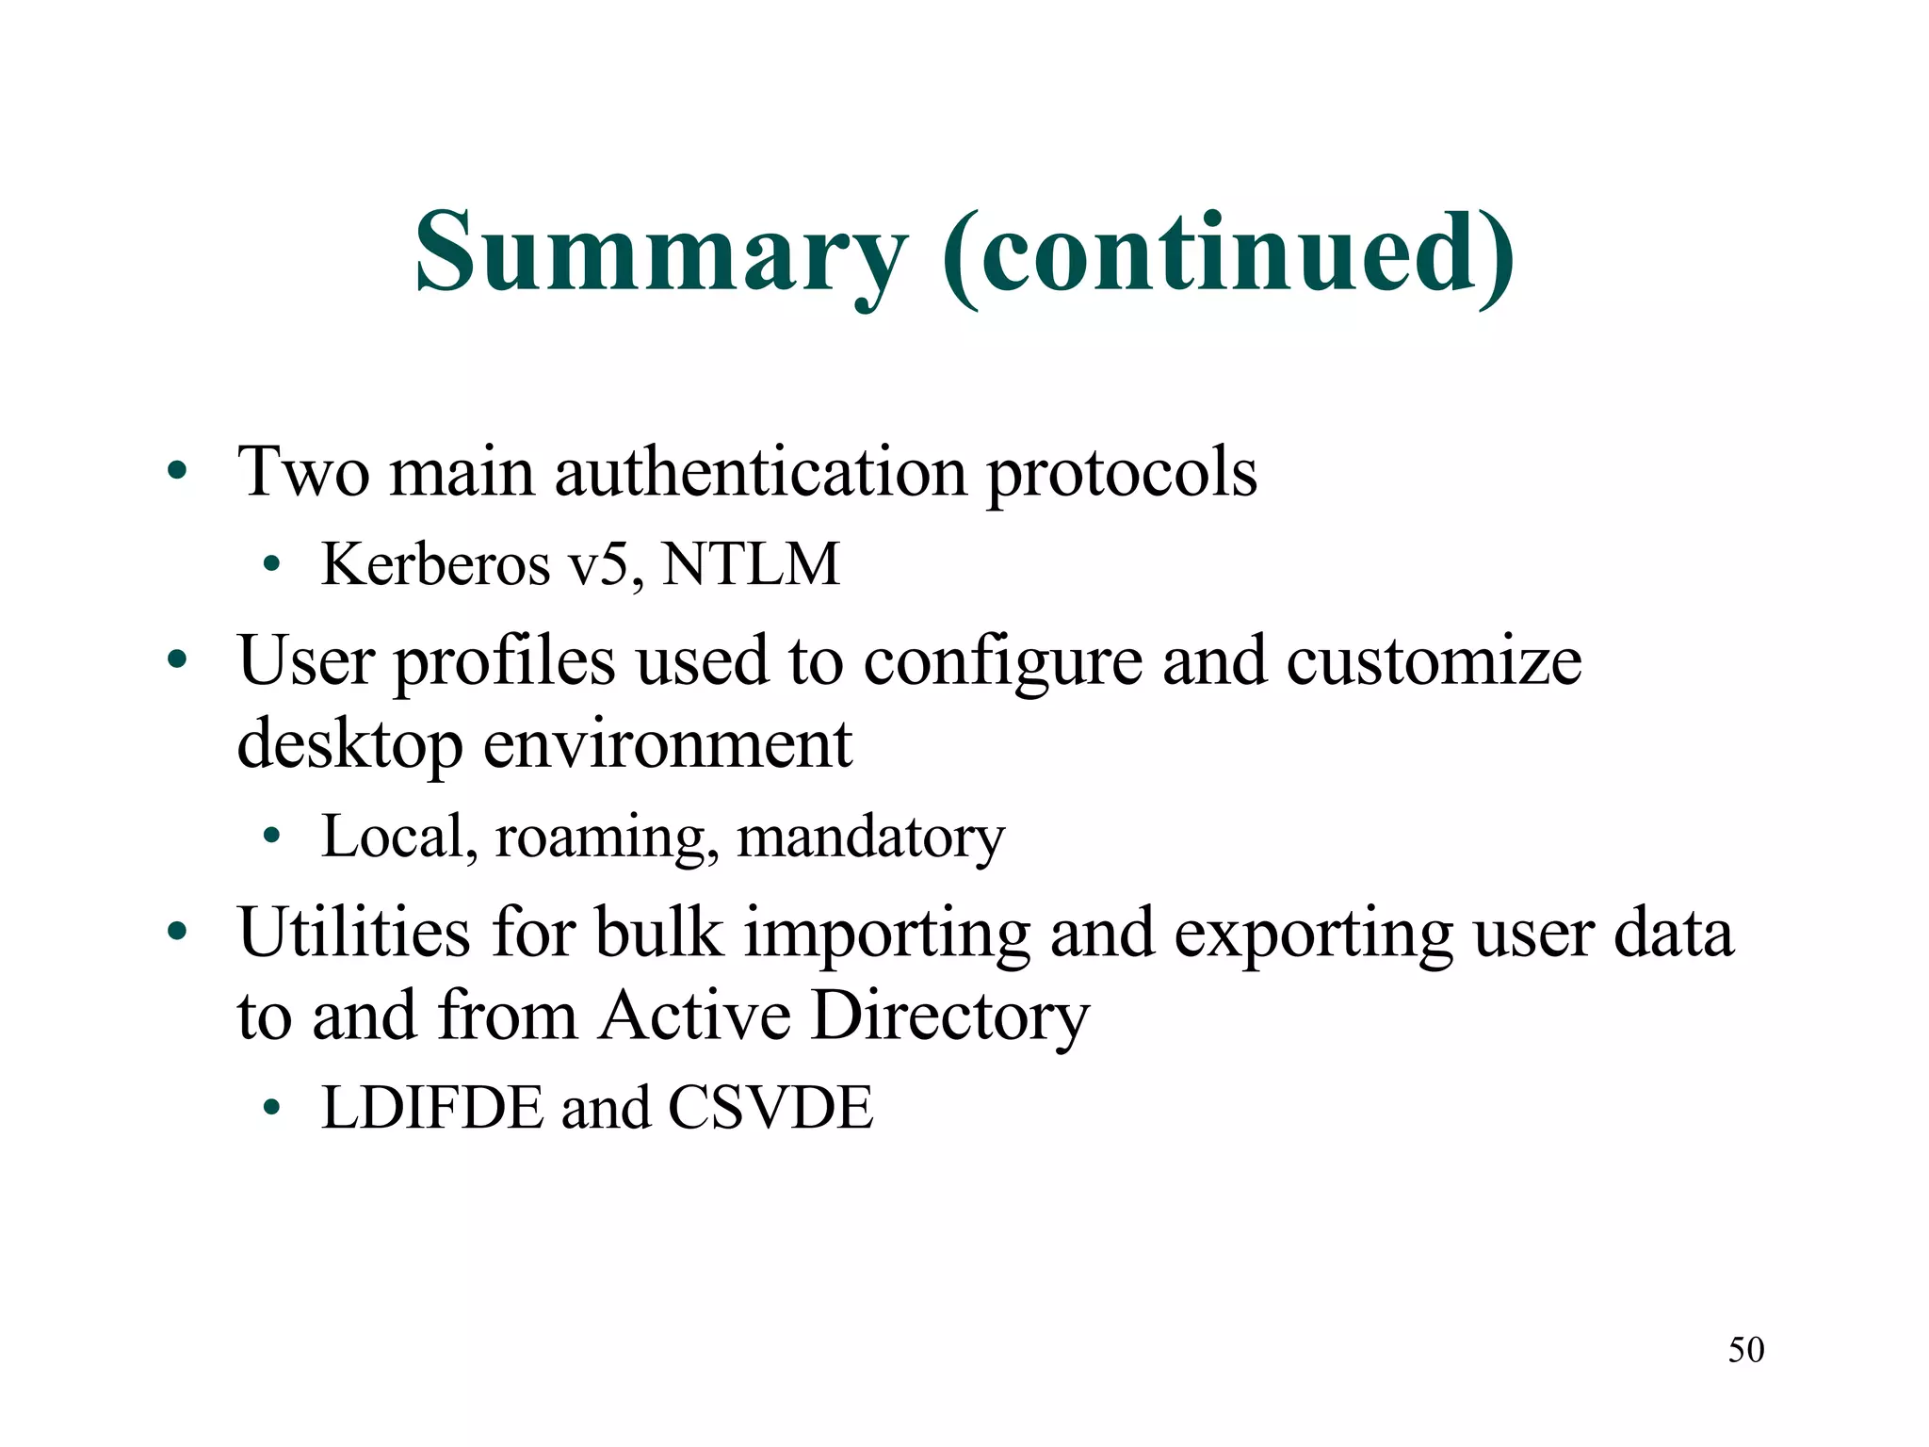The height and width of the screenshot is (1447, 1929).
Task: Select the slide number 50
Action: coord(1745,1350)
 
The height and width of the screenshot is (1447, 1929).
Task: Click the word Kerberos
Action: coord(435,564)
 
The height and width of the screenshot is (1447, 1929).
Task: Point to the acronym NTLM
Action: coord(751,564)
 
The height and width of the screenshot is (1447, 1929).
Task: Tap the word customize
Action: coord(1434,660)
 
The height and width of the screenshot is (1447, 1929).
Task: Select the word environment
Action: coord(668,744)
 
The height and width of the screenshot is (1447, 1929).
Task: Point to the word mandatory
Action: coord(870,837)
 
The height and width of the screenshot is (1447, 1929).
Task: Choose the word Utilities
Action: coord(354,933)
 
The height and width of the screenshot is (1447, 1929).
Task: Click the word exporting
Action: coord(1314,935)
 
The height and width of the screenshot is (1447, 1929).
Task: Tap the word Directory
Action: coord(950,1017)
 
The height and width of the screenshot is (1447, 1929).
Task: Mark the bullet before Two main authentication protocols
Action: coord(177,471)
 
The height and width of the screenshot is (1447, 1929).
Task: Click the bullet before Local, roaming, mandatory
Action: coord(272,836)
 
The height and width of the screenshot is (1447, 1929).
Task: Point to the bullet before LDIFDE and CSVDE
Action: coord(272,1107)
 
